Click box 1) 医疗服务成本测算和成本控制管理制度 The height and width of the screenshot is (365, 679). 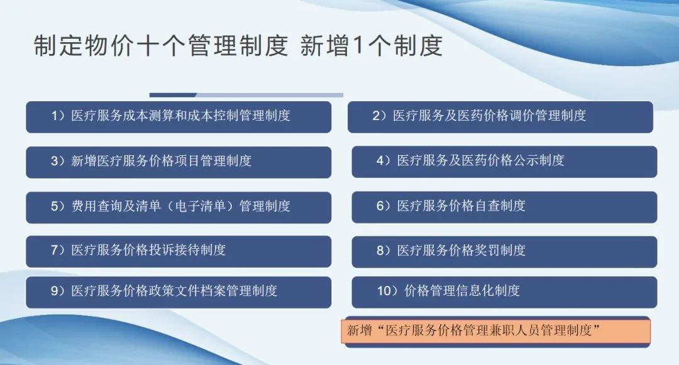click(179, 117)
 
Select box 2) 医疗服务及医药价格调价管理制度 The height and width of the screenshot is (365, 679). click(500, 117)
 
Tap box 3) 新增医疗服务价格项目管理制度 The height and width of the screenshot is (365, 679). click(179, 162)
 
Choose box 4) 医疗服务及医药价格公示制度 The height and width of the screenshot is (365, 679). click(504, 161)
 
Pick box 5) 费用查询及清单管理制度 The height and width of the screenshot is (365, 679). click(179, 207)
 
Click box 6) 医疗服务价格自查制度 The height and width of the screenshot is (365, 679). click(504, 207)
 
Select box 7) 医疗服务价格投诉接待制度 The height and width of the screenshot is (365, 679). click(179, 251)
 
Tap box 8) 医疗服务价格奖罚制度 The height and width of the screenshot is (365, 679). click(504, 252)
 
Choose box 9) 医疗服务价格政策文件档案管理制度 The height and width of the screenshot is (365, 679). click(179, 292)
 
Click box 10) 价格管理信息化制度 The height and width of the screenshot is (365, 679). click(504, 292)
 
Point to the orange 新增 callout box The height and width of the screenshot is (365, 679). click(496, 331)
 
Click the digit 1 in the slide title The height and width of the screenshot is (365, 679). click(358, 45)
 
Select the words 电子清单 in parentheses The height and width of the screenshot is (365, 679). click(200, 206)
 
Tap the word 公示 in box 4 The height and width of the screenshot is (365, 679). click(526, 160)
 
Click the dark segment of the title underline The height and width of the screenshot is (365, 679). click(173, 95)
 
